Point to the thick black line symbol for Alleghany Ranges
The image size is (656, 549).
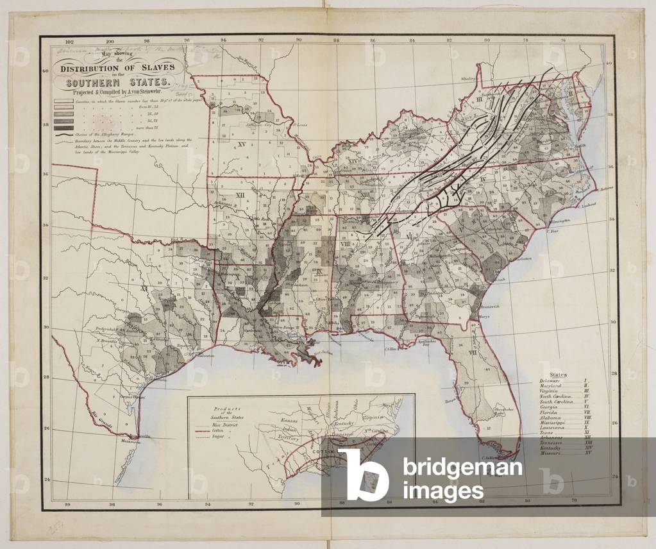(x=63, y=137)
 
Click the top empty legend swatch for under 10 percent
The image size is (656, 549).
(x=63, y=101)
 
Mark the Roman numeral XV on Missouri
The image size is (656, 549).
(x=242, y=144)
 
